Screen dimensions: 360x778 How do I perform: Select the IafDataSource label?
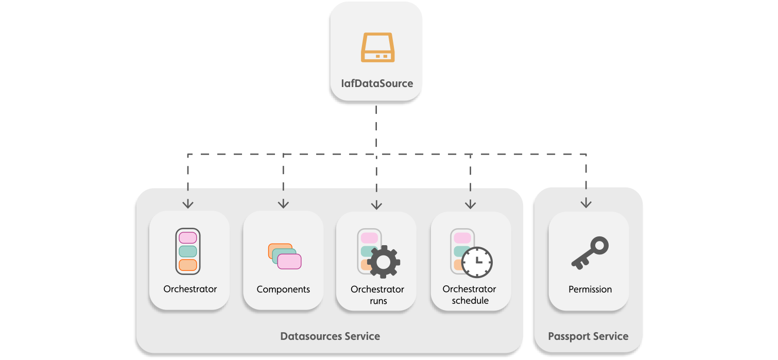point(377,83)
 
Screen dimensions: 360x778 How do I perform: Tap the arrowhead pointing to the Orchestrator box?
point(188,204)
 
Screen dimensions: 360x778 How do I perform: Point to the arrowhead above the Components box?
point(283,204)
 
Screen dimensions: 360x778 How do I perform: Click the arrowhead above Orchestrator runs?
point(376,205)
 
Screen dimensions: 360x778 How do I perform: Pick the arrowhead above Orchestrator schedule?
point(470,204)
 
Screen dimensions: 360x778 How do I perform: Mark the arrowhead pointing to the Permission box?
point(586,204)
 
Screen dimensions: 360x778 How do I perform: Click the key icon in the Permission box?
point(590,253)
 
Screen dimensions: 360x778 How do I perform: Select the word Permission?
point(590,289)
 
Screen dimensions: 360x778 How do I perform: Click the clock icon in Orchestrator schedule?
point(477,262)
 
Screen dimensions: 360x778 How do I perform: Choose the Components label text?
point(283,289)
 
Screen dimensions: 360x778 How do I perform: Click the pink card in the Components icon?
point(289,262)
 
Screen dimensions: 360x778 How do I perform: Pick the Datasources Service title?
point(330,336)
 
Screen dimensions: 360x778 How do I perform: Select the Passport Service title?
point(588,336)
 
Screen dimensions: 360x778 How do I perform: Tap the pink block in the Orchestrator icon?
point(188,238)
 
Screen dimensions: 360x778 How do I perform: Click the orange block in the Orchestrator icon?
point(188,265)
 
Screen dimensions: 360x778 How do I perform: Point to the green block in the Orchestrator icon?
point(188,251)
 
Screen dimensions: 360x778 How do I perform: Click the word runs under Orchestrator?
point(378,301)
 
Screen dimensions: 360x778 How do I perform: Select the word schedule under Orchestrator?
point(470,301)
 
